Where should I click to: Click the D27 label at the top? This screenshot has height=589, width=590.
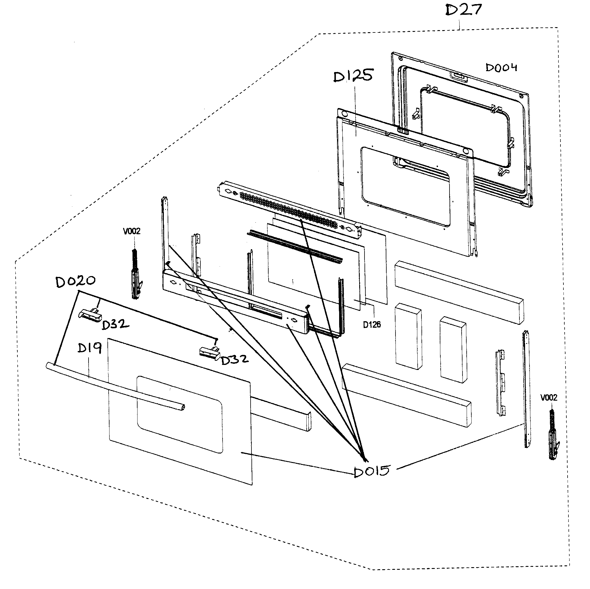pyautogui.click(x=463, y=10)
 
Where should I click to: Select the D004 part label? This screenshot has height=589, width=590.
pyautogui.click(x=501, y=68)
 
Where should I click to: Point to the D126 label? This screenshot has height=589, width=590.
pyautogui.click(x=372, y=325)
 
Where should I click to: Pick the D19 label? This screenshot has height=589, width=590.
pyautogui.click(x=89, y=348)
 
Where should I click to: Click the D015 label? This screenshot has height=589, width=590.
pyautogui.click(x=372, y=471)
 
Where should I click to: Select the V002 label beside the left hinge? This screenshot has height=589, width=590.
pyautogui.click(x=132, y=231)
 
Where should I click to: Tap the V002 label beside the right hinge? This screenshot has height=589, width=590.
pyautogui.click(x=549, y=397)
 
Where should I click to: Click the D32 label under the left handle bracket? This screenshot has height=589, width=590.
pyautogui.click(x=115, y=324)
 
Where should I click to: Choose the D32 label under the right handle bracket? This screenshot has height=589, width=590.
pyautogui.click(x=234, y=360)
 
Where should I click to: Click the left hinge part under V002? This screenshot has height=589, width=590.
pyautogui.click(x=136, y=275)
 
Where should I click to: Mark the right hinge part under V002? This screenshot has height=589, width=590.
pyautogui.click(x=553, y=435)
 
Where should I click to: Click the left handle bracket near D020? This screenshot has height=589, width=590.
pyautogui.click(x=90, y=315)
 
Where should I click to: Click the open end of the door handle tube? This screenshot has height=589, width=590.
pyautogui.click(x=182, y=407)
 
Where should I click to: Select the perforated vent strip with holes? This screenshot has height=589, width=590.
pyautogui.click(x=289, y=209)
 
